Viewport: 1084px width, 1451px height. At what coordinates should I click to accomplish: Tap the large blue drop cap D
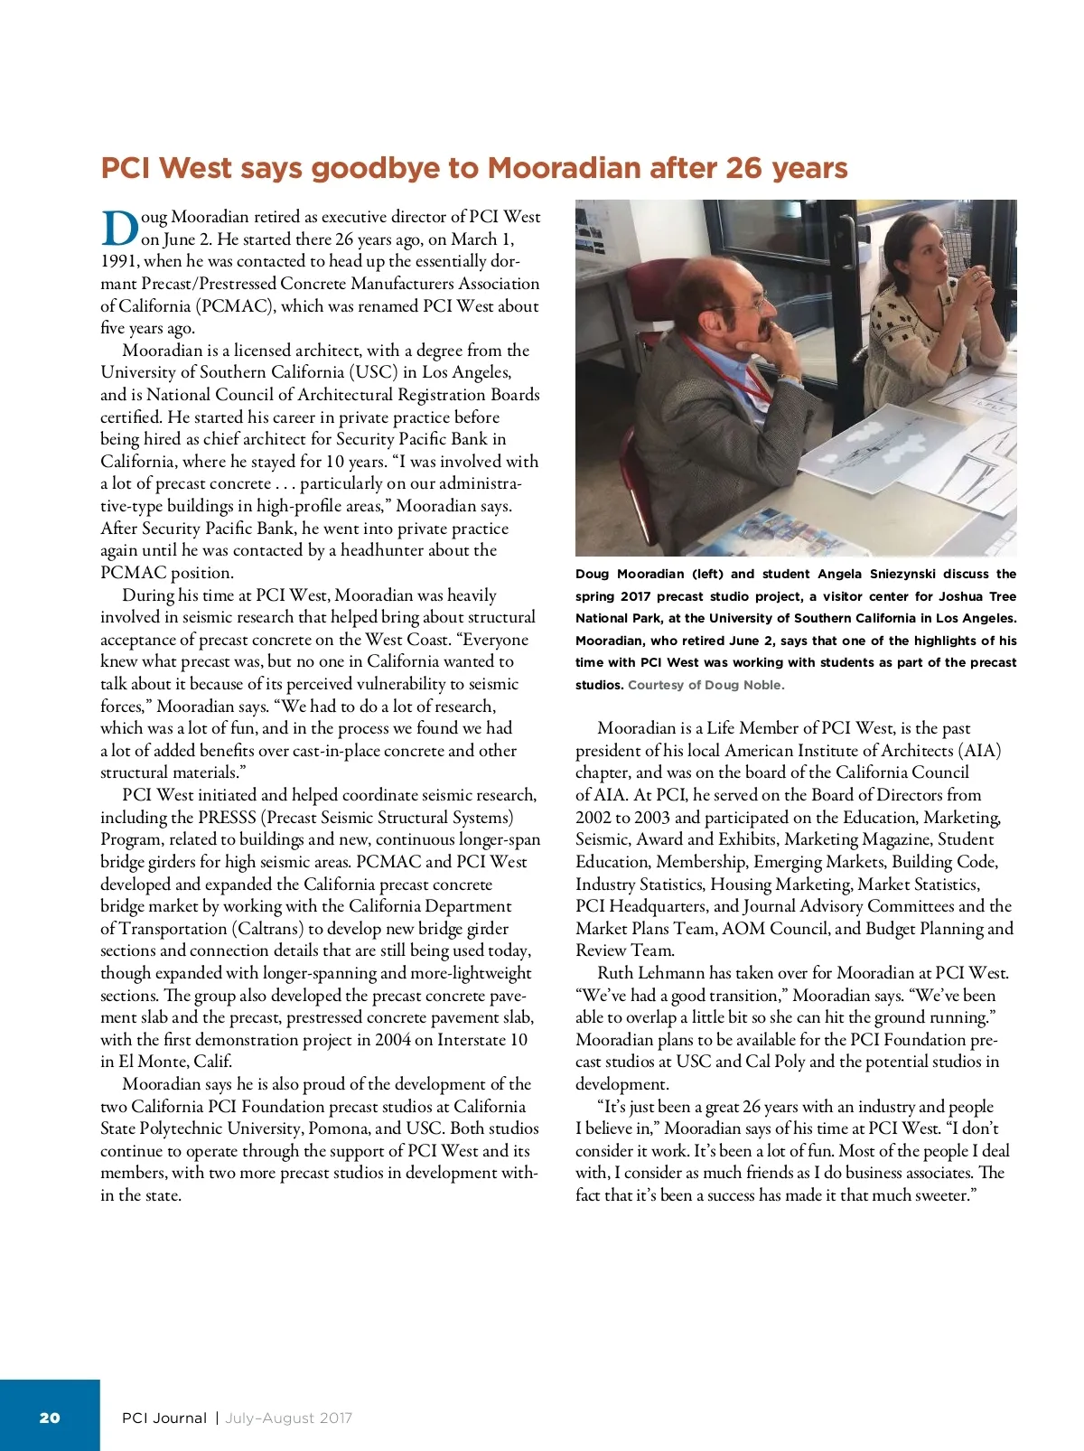point(119,229)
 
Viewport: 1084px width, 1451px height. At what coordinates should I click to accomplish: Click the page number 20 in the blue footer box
point(50,1418)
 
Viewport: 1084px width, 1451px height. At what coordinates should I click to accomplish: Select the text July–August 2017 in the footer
point(288,1418)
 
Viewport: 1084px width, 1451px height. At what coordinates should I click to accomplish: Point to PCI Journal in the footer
point(164,1418)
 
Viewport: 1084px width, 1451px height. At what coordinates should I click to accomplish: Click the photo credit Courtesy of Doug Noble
point(706,685)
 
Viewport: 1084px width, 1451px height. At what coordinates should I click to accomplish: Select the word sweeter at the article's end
point(940,1195)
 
